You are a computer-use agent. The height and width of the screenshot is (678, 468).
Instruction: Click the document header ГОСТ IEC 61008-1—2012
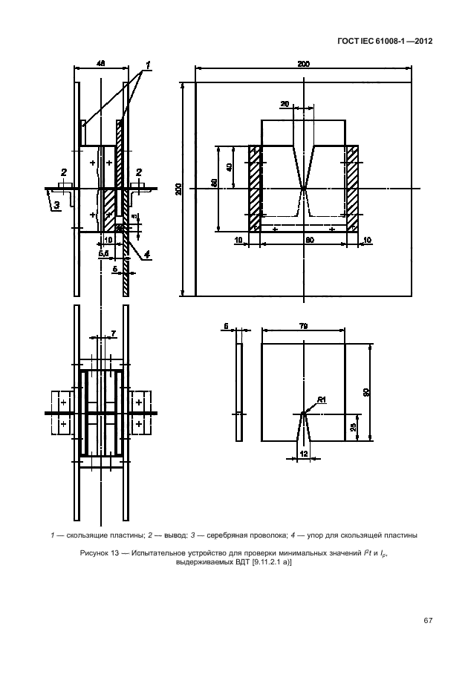[x=385, y=41]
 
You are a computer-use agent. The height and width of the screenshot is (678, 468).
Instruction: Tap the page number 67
[x=428, y=621]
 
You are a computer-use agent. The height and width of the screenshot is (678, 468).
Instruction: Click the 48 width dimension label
[x=100, y=64]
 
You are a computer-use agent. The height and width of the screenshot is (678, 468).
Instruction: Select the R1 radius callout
[x=322, y=400]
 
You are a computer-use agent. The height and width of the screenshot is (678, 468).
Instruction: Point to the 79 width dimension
[x=303, y=327]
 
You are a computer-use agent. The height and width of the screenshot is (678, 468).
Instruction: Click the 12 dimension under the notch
[x=303, y=454]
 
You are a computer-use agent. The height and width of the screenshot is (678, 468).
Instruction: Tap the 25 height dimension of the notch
[x=353, y=427]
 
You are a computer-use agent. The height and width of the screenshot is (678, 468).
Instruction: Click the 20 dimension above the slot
[x=285, y=104]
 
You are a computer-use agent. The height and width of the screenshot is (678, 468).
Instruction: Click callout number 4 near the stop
[x=147, y=255]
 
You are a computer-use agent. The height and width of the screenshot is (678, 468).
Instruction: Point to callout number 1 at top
[x=148, y=66]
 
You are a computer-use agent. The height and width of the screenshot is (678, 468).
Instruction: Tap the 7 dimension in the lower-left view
[x=114, y=333]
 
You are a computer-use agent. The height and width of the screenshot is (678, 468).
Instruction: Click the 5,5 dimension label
[x=104, y=254]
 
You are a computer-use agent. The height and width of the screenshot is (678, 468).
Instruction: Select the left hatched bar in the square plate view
[x=254, y=189]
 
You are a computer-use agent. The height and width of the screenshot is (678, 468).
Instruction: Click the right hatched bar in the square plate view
[x=353, y=189]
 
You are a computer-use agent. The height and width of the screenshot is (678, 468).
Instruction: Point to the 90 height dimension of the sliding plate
[x=366, y=393]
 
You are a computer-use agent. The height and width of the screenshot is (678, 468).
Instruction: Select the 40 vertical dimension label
[x=230, y=166]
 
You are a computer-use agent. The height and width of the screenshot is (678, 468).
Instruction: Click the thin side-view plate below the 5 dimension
[x=239, y=392]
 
